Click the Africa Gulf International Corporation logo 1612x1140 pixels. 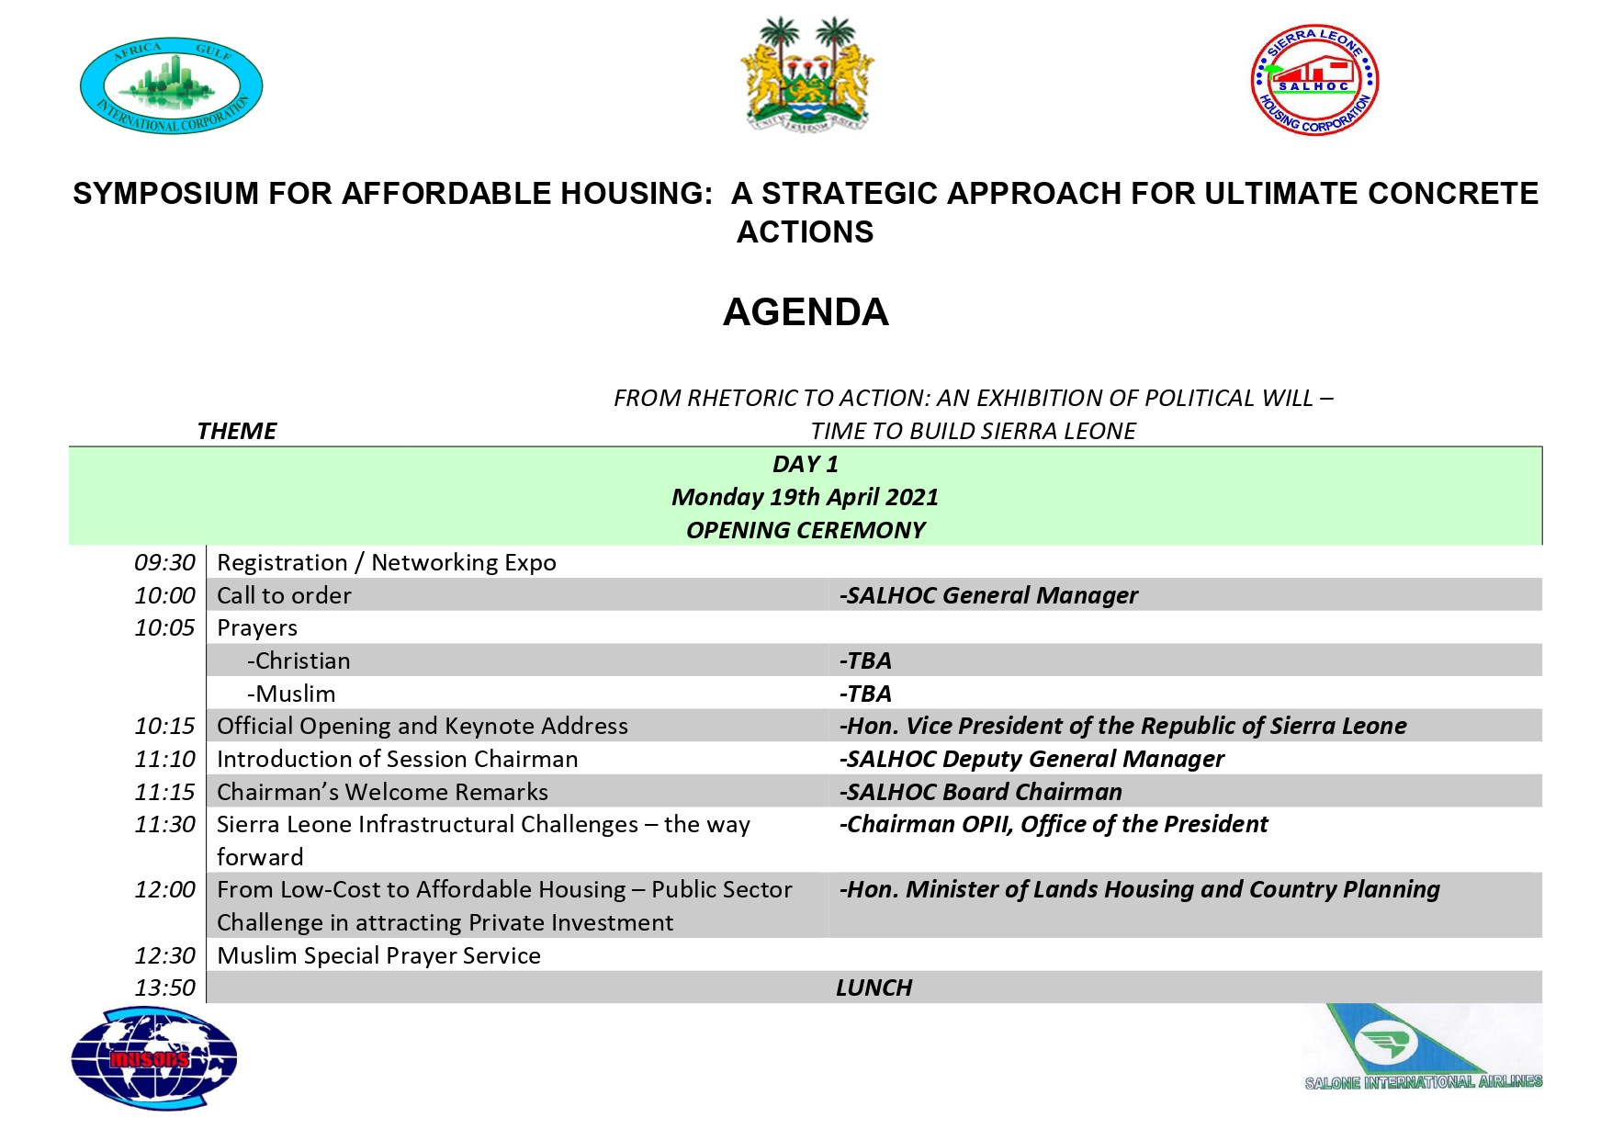click(x=172, y=85)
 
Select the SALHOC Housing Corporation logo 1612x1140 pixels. click(x=1314, y=81)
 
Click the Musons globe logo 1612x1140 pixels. click(x=154, y=1058)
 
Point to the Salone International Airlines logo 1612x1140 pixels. click(x=1422, y=1048)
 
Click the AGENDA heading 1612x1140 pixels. click(x=806, y=312)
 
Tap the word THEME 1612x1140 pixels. click(x=236, y=431)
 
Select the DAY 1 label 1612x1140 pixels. click(x=806, y=464)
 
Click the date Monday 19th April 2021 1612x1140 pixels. click(x=806, y=497)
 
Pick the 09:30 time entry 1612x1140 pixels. click(x=164, y=562)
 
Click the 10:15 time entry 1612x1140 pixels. click(x=164, y=726)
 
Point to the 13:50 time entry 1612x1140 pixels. click(x=164, y=988)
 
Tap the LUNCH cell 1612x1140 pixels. click(x=874, y=988)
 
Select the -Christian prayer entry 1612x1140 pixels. click(x=299, y=660)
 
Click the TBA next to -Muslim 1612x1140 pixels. click(x=865, y=694)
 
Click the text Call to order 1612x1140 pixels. click(x=284, y=595)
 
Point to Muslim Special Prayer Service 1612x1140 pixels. click(x=378, y=955)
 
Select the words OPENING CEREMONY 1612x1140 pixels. click(x=806, y=530)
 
